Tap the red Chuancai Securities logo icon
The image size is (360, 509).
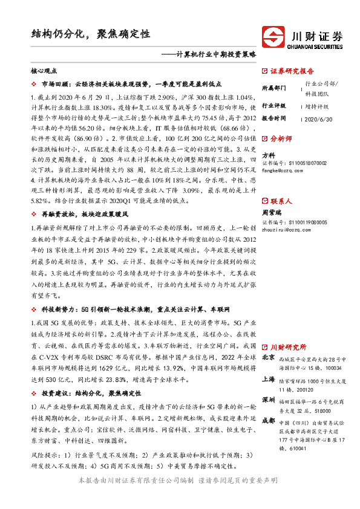tap(274, 36)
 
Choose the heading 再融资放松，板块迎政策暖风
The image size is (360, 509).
tap(85, 215)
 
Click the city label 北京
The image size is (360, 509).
tap(267, 359)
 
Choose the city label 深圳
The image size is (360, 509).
tap(267, 401)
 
